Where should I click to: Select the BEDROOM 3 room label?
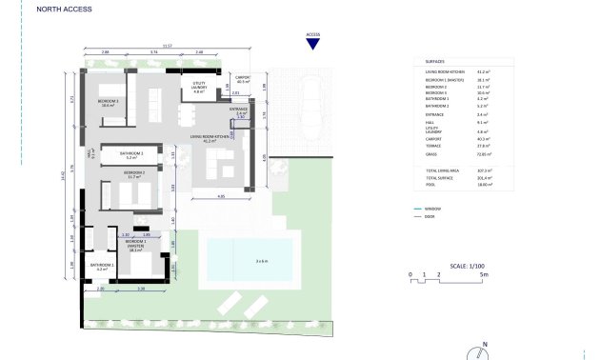point(108,102)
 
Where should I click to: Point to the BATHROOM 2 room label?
point(130,154)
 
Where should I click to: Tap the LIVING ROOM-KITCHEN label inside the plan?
point(210,137)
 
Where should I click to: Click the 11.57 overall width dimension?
point(168,45)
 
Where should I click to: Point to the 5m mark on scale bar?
point(484,275)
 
